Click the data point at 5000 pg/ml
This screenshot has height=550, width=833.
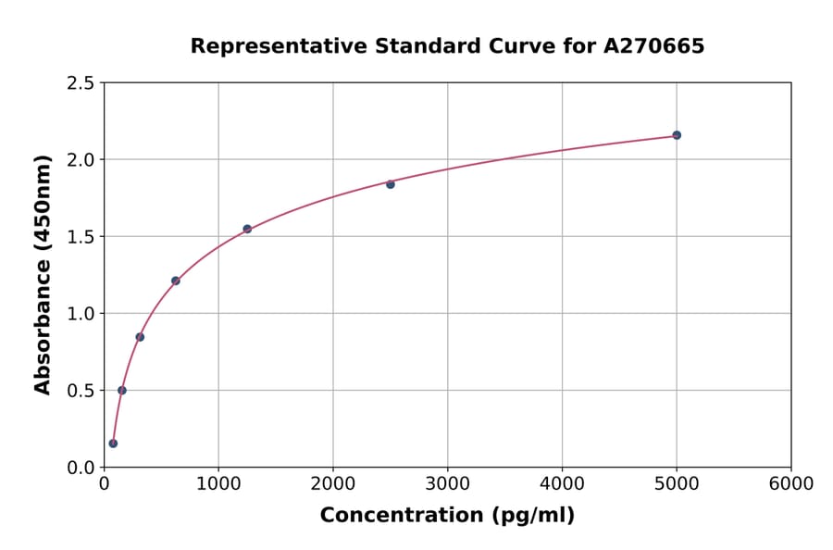(x=677, y=135)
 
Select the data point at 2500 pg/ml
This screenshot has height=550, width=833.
(x=391, y=184)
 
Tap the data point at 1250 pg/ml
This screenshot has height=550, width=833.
(x=247, y=229)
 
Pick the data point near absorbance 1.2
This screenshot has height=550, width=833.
(x=176, y=281)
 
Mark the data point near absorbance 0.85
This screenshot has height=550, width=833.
(x=140, y=337)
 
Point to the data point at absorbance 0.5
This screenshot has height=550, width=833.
(x=122, y=390)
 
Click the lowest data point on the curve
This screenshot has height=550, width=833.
(x=113, y=444)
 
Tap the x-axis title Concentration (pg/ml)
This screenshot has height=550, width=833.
(x=447, y=516)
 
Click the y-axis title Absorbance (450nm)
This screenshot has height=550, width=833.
(x=43, y=274)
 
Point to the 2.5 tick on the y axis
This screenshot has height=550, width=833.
(x=81, y=83)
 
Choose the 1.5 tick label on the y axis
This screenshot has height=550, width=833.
(x=81, y=237)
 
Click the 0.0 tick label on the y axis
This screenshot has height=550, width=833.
(x=81, y=468)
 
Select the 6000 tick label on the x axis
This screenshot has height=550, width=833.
(x=791, y=484)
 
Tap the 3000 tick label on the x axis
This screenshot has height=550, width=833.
(x=447, y=484)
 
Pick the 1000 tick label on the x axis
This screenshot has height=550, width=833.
(x=218, y=484)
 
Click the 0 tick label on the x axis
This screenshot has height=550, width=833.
(x=104, y=484)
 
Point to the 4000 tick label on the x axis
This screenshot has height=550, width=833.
(x=562, y=484)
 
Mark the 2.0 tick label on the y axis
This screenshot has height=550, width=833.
(x=81, y=160)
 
